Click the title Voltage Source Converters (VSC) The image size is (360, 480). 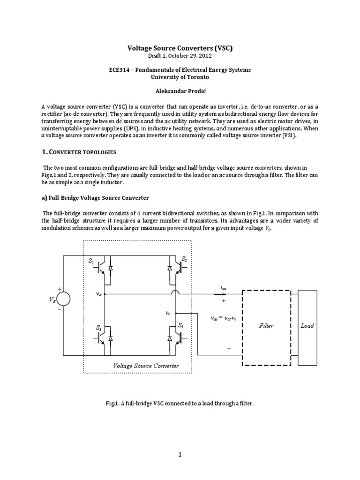pyautogui.click(x=180, y=47)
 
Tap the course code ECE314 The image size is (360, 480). pyautogui.click(x=119, y=69)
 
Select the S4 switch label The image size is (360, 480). pyautogui.click(x=181, y=324)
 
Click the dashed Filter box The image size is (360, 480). pyautogui.click(x=266, y=326)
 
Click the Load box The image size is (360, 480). pyautogui.click(x=307, y=326)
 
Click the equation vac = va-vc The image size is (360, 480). pyautogui.click(x=226, y=317)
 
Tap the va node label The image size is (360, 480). pyautogui.click(x=98, y=295)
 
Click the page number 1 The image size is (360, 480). pyautogui.click(x=180, y=454)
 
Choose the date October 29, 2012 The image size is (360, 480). pyautogui.click(x=190, y=56)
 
